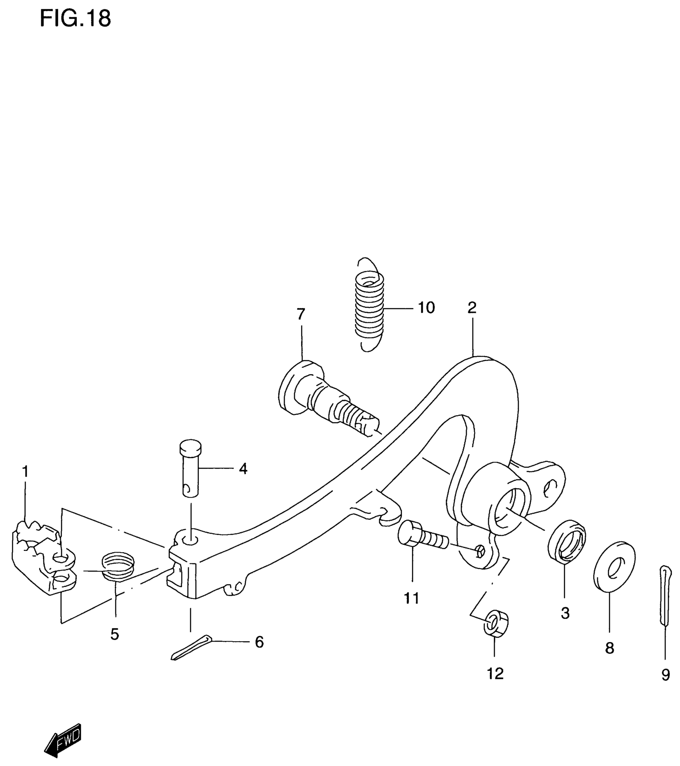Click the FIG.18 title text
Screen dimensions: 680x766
[x=75, y=19]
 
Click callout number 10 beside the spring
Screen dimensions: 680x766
[x=426, y=308]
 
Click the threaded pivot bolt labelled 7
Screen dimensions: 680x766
[x=324, y=400]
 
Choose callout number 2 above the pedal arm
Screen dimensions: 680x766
[x=472, y=308]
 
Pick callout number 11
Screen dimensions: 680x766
[x=412, y=598]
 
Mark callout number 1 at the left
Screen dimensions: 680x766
[x=25, y=472]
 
